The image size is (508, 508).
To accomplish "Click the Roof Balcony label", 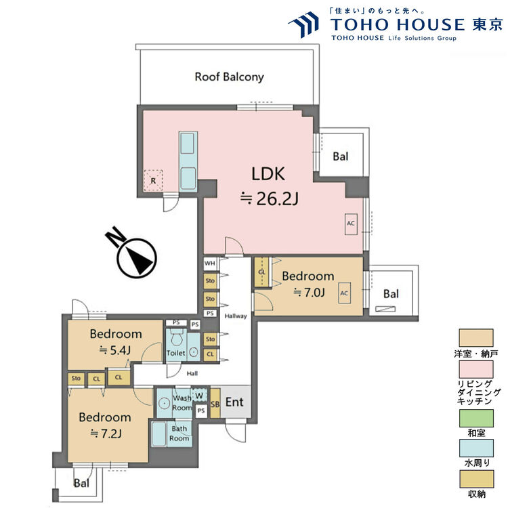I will click(229, 77).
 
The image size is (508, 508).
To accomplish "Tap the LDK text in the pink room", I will click(268, 174).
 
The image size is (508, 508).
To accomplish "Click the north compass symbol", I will click(135, 255).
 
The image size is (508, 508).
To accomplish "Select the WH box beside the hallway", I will click(210, 263).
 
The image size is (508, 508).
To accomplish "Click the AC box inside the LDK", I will click(351, 224).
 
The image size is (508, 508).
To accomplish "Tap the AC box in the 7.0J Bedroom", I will click(344, 293).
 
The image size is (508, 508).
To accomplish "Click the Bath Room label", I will click(179, 433).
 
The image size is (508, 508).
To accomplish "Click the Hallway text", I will click(236, 316).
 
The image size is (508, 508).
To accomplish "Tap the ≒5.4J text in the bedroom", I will click(115, 350).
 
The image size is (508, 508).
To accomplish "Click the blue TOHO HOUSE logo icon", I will click(304, 25).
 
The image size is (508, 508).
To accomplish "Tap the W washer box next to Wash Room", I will click(199, 396).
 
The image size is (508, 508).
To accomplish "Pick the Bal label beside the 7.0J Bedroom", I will click(391, 294).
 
